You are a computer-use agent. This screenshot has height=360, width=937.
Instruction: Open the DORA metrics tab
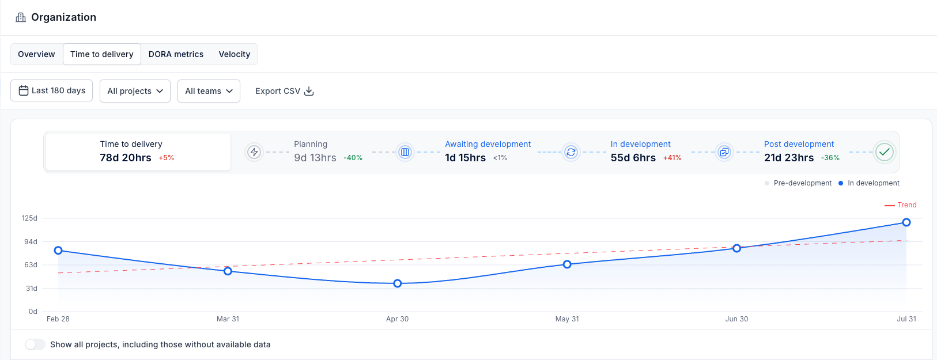[176, 54]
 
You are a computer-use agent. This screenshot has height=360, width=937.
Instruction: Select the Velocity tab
[234, 54]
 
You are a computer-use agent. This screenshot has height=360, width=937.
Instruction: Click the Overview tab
[36, 54]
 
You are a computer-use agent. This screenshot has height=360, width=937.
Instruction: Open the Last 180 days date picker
[51, 91]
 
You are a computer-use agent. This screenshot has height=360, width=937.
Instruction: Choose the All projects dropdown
[135, 91]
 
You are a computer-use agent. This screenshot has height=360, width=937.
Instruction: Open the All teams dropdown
[209, 91]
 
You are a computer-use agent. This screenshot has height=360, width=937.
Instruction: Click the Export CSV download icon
[309, 91]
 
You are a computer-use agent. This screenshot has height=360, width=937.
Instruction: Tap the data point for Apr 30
[398, 283]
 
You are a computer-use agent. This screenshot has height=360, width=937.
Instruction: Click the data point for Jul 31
[906, 222]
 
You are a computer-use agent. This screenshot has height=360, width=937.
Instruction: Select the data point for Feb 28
[58, 251]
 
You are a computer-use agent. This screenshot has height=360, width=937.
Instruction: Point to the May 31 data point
[567, 264]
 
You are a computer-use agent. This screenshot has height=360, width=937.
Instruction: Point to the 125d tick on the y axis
[30, 218]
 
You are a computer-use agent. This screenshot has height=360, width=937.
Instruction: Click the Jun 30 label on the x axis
[736, 319]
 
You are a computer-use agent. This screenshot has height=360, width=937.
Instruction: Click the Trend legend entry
[901, 205]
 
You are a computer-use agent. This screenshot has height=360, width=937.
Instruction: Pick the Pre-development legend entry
[798, 183]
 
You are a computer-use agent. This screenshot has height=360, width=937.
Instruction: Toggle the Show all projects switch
[35, 344]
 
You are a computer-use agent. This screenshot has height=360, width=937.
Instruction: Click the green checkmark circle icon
[885, 152]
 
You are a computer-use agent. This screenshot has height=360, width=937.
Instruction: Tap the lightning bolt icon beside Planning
[254, 152]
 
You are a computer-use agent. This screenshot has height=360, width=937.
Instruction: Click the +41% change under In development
[672, 158]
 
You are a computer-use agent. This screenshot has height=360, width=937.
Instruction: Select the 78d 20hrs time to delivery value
[126, 158]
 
